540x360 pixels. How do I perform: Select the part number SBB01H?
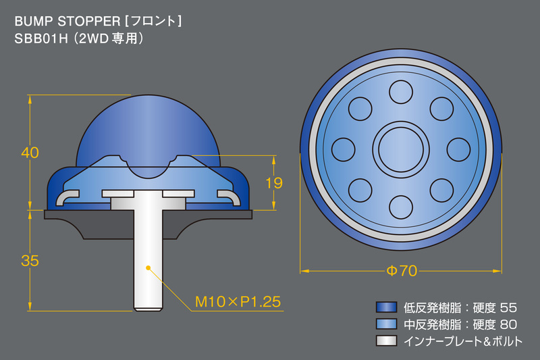point(41,38)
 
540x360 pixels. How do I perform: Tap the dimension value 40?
point(30,153)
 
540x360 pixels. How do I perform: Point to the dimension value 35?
point(30,261)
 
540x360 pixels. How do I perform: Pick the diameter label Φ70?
point(402,271)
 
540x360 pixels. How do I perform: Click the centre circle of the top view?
point(402,148)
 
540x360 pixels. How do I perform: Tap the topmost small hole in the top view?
point(402,91)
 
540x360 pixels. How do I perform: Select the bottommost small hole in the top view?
point(402,204)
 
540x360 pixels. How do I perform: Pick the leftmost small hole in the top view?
point(345,148)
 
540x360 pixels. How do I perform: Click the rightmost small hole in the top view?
point(458,148)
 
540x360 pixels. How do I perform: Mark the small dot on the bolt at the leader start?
point(148,268)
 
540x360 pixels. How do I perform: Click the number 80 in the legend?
point(510,324)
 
